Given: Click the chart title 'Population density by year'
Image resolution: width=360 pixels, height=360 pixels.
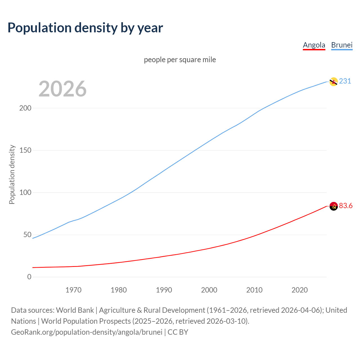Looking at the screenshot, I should coord(85,28).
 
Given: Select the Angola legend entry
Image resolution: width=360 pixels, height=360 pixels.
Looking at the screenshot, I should coord(314,45).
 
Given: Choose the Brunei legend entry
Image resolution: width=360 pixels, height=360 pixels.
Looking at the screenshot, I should coord(342,45).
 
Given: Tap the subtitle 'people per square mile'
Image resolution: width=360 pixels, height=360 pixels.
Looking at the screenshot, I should coord(180,60).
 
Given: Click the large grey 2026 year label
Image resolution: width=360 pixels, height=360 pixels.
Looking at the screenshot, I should coord(62,89).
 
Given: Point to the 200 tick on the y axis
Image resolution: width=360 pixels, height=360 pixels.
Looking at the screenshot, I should coord(25,108).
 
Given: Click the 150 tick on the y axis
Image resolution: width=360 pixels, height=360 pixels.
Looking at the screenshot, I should coord(25,150).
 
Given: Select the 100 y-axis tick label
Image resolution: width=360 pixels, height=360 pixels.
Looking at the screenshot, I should coord(25,193).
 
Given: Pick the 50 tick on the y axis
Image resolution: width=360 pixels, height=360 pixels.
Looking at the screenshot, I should coord(27,235).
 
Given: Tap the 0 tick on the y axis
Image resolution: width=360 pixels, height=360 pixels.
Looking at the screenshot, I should coord(29,277).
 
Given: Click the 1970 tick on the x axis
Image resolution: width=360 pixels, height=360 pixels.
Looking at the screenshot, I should coord(73,290).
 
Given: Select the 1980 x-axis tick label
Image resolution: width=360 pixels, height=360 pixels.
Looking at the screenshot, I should coord(119,290).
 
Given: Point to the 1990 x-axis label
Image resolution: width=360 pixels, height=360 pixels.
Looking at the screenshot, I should coord(164,290).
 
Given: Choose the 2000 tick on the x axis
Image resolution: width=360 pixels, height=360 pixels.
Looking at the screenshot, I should coord(209,290).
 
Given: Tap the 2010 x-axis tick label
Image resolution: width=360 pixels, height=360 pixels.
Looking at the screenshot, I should coord(254,290).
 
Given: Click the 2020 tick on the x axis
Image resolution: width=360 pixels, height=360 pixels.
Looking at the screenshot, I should coord(300,290).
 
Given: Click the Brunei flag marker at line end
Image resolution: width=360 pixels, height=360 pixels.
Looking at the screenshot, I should coord(333,82).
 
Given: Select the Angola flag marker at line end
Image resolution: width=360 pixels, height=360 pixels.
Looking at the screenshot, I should coord(333,206).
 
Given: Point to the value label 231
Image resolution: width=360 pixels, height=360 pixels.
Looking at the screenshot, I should coord(345,81).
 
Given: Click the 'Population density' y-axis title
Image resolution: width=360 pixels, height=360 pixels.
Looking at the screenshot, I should coord(12,174).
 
